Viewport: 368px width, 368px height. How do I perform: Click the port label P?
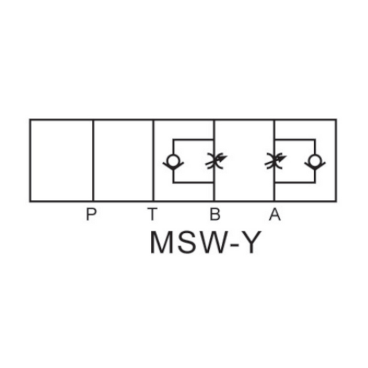pos(91,214)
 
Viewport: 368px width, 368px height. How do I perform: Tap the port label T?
pos(152,214)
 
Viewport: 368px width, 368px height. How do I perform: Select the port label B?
pos(214,214)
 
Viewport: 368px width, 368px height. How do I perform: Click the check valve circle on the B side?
pos(172,160)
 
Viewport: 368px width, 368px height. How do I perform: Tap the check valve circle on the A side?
pos(315,160)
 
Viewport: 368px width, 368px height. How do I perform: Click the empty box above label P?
pos(62,160)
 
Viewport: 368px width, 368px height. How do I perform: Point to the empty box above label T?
pos(123,160)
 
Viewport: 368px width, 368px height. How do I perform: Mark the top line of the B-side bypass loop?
pos(193,139)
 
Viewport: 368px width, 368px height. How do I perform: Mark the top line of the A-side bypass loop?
pos(294,139)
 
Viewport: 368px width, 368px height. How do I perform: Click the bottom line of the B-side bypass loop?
pos(193,183)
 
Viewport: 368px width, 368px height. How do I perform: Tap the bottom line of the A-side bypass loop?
pos(294,183)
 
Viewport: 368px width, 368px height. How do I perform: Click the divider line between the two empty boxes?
pos(93,160)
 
